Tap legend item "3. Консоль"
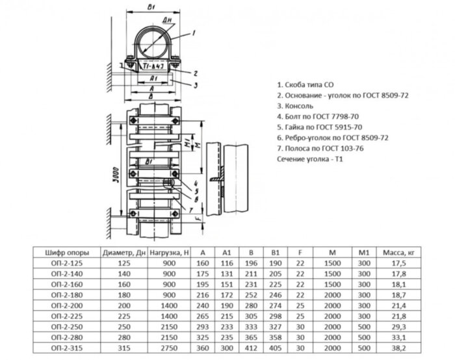pyautogui.click(x=296, y=106)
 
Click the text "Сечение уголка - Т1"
pyautogui.click(x=309, y=159)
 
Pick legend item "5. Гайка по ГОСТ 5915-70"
pyautogui.click(x=319, y=127)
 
